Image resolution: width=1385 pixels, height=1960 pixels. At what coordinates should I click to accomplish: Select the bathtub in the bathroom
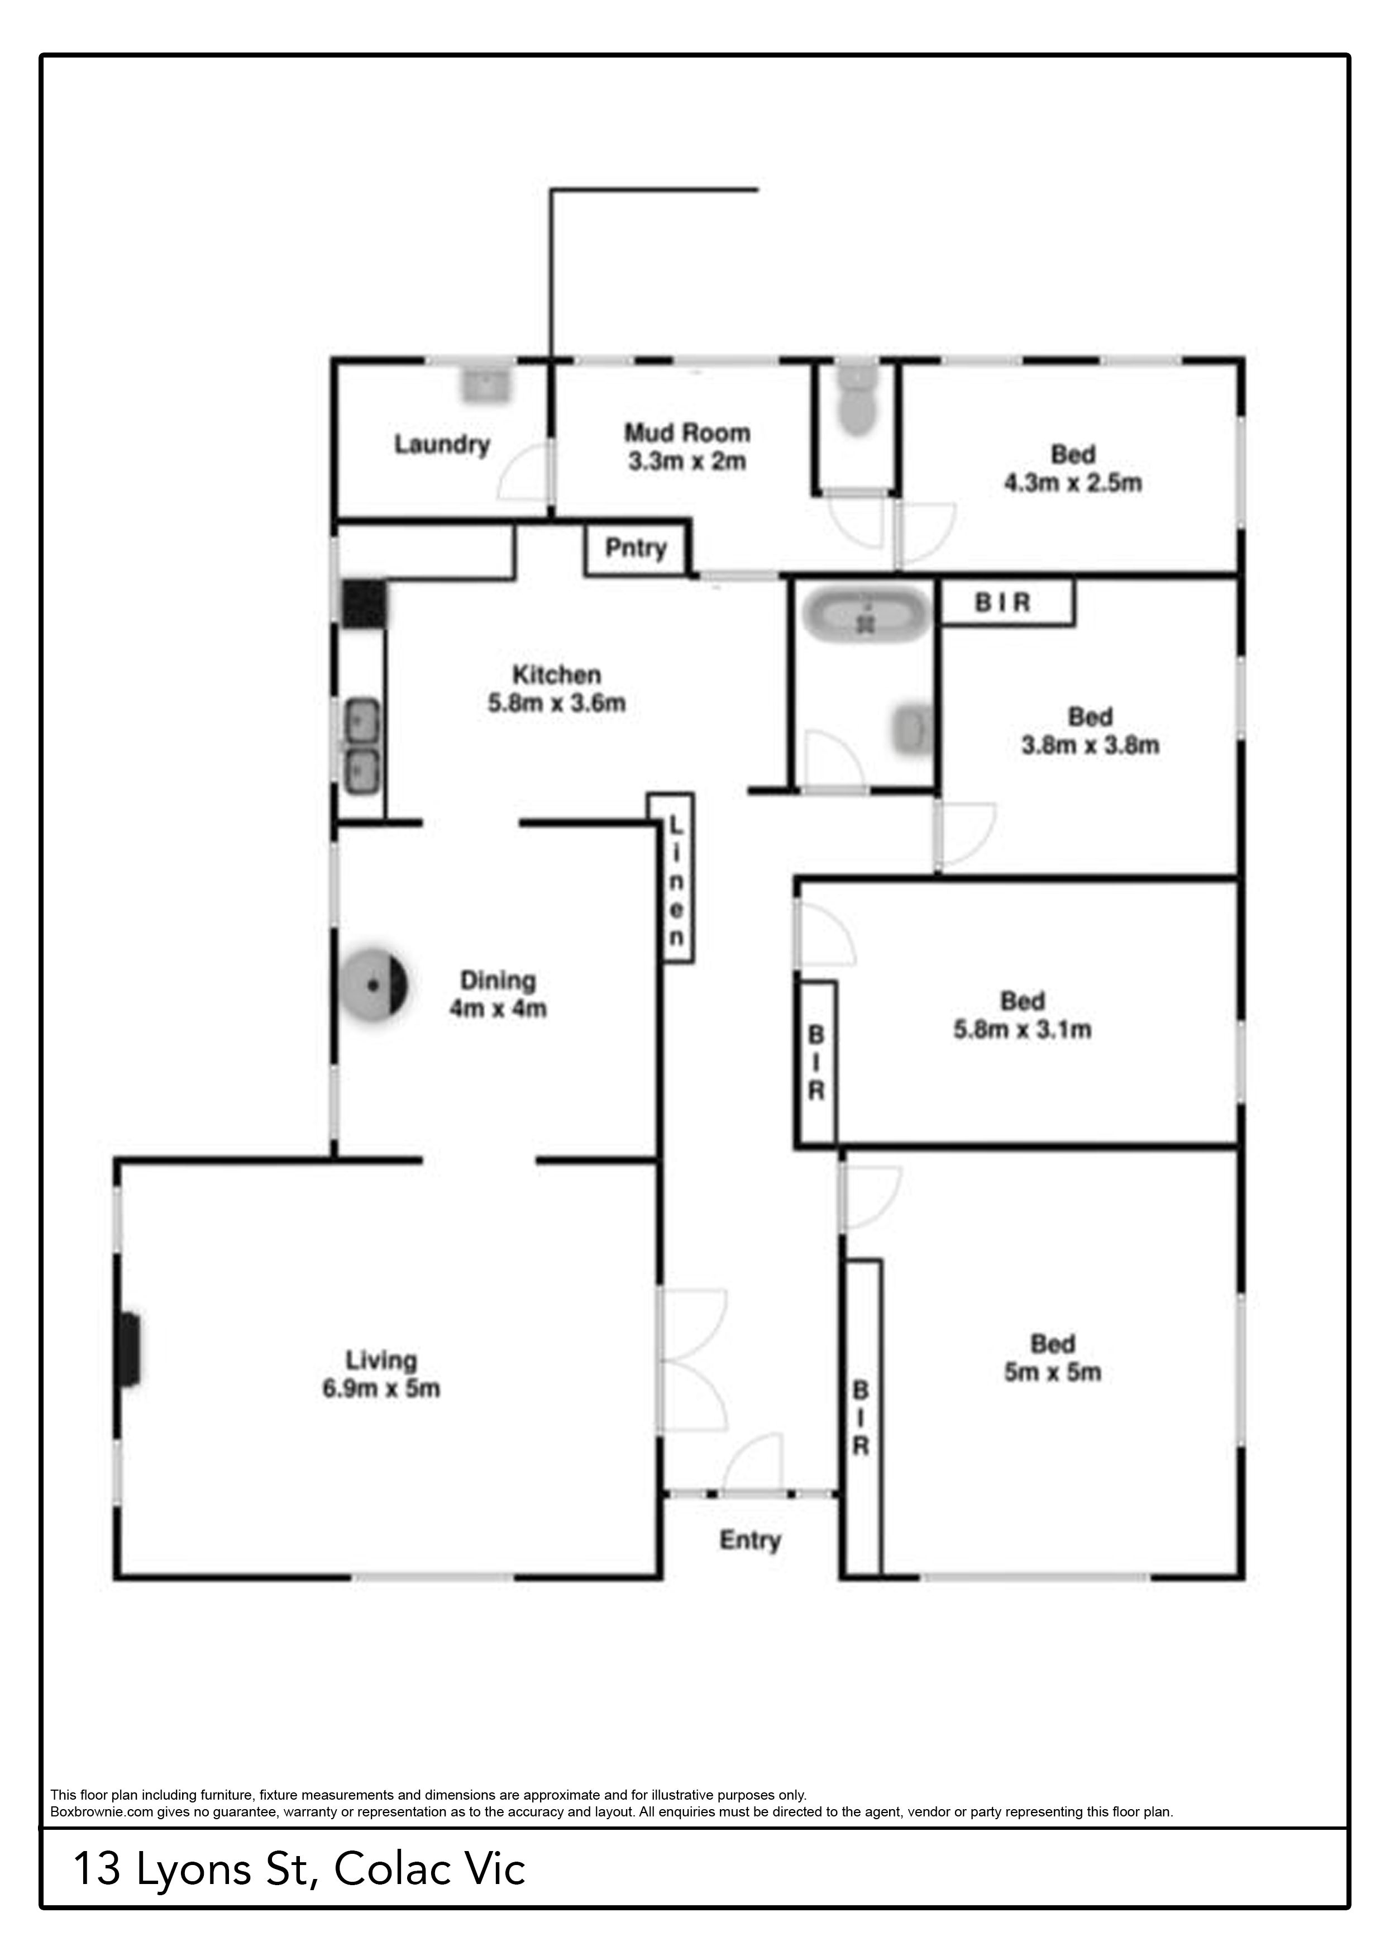(x=866, y=614)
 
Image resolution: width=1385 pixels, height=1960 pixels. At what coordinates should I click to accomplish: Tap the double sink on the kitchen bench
(x=362, y=744)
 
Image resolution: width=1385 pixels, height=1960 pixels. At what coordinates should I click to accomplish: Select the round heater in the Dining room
(x=374, y=984)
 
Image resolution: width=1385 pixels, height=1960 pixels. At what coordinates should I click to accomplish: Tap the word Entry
(x=750, y=1540)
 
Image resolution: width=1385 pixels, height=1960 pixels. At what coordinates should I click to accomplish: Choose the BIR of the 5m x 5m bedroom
(x=863, y=1416)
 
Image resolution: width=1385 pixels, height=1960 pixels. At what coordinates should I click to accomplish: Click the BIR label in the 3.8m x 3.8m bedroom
(x=1002, y=603)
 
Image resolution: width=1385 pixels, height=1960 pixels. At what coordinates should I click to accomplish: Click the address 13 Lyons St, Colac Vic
(x=299, y=1869)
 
